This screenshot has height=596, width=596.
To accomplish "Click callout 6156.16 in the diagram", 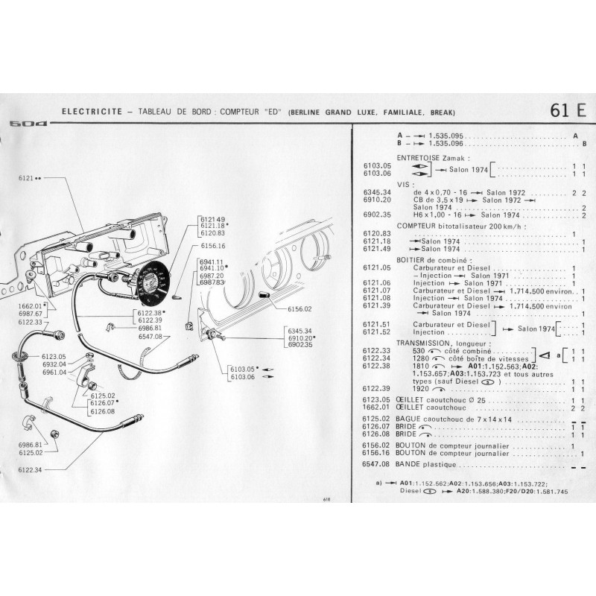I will (x=212, y=245).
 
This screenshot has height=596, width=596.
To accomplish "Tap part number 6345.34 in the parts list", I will (x=376, y=191).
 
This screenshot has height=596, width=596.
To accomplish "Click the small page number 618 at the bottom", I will (x=326, y=500).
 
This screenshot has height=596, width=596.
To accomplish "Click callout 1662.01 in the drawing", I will (x=29, y=306).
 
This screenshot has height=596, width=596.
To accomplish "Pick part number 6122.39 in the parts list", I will (x=376, y=388).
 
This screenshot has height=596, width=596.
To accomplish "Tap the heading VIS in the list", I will (x=405, y=183).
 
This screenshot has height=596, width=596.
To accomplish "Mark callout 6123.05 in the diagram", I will (x=54, y=357).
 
